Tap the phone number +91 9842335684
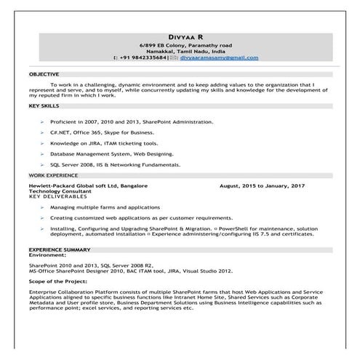[143, 57]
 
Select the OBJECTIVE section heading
[44, 75]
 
